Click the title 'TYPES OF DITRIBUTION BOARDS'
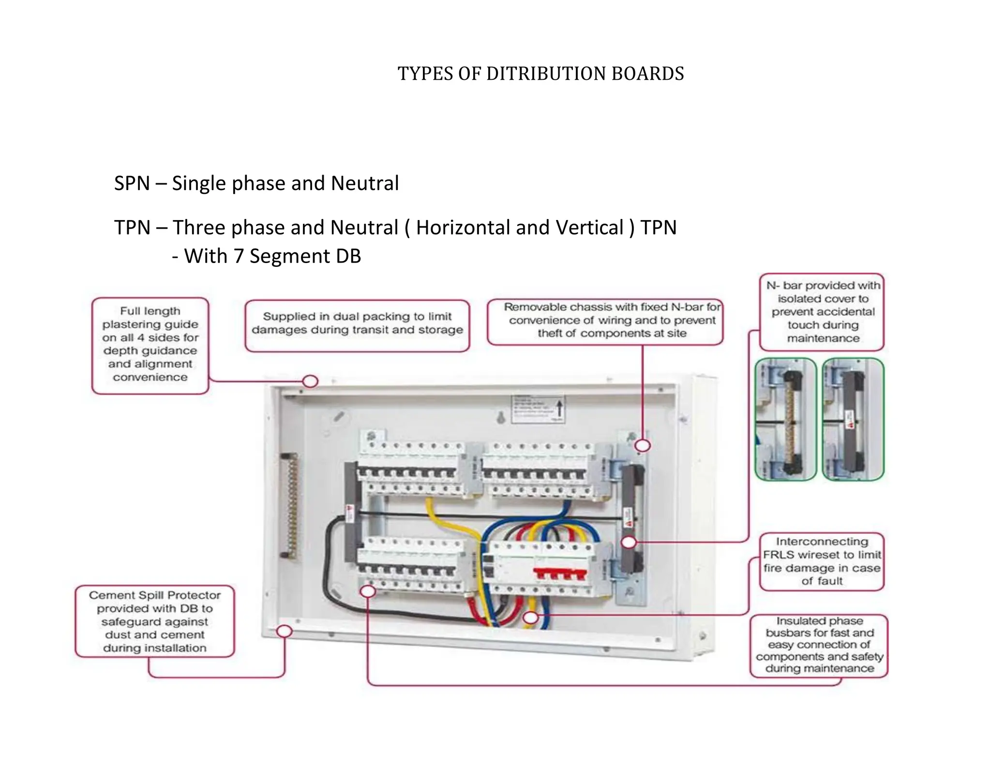pos(541,74)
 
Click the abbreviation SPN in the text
pos(132,184)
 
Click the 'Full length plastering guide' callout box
pos(150,345)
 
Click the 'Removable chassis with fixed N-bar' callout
pos(605,321)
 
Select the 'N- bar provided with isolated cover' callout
pos(822,312)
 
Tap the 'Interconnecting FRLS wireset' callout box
pos(822,561)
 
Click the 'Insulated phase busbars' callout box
pos(819,645)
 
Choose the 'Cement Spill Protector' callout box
pos(155,621)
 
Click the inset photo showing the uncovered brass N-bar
pos(785,419)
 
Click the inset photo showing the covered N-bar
pos(853,419)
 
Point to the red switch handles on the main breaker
pos(559,574)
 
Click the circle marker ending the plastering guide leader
pos(310,381)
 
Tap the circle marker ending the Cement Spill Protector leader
pos(285,631)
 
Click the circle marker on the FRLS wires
pos(531,618)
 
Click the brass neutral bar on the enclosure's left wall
pos(291,505)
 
